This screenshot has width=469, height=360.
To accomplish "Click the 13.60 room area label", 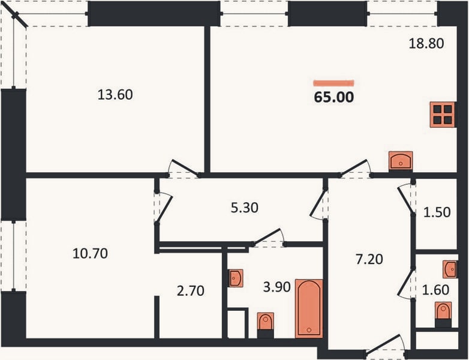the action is point(115,95).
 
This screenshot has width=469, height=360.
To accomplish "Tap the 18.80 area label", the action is point(426,43).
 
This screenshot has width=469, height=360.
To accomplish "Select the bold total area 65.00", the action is point(334,97).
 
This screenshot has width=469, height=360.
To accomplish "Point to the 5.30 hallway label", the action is point(244,208).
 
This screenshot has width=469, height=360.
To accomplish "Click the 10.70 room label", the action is point(90,253).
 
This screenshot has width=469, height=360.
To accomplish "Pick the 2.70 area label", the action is point(191,290).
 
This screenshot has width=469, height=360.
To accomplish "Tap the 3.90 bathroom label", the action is point(276,287).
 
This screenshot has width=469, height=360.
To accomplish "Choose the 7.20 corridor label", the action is point(369,259).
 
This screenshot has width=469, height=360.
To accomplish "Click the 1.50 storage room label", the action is point(437,212).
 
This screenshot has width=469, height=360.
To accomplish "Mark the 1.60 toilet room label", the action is point(435,290).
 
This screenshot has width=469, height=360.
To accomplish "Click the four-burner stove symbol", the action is point(443,115).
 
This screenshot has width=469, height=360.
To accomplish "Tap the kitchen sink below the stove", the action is point(401,161).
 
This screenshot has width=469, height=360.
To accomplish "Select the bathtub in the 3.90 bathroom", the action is point(309,308).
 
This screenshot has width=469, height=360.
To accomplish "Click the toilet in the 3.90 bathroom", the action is point(265,325).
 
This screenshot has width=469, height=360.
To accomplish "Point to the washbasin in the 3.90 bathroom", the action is point(236,278).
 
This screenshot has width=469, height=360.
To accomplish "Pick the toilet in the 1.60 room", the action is point(443,314).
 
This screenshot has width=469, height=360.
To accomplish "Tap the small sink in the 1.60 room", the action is point(450,269).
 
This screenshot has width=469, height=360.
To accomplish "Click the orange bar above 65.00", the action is point(333,83).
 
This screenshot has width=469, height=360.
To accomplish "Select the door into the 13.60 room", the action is point(183,168).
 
